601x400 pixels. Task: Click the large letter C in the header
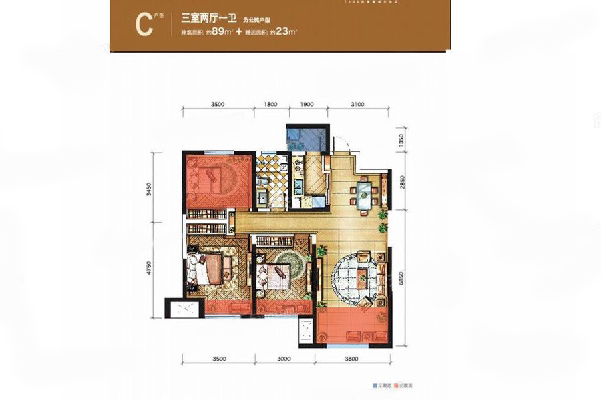point(142,24)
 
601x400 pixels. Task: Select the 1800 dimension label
point(270,105)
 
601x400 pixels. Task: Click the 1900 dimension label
point(307,105)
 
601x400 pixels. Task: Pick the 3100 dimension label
point(359,105)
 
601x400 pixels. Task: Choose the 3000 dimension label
point(283,359)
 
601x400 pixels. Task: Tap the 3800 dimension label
point(352,359)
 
